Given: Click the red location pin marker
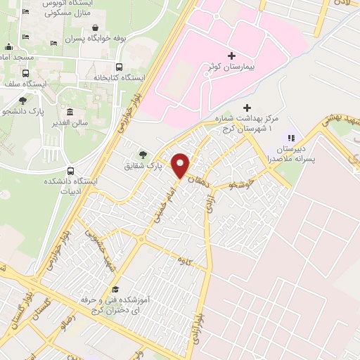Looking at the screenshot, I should pyautogui.click(x=181, y=165).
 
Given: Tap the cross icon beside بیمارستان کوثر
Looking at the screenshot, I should pyautogui.click(x=232, y=54).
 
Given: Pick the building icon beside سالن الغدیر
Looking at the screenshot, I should pyautogui.click(x=70, y=112).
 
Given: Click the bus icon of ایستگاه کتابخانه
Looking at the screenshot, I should pyautogui.click(x=119, y=68).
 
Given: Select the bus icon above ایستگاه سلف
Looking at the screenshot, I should pyautogui.click(x=26, y=73).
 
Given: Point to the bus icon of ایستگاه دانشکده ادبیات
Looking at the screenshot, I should pyautogui.click(x=70, y=171).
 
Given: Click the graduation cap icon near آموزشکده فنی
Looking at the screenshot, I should pyautogui.click(x=115, y=290).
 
